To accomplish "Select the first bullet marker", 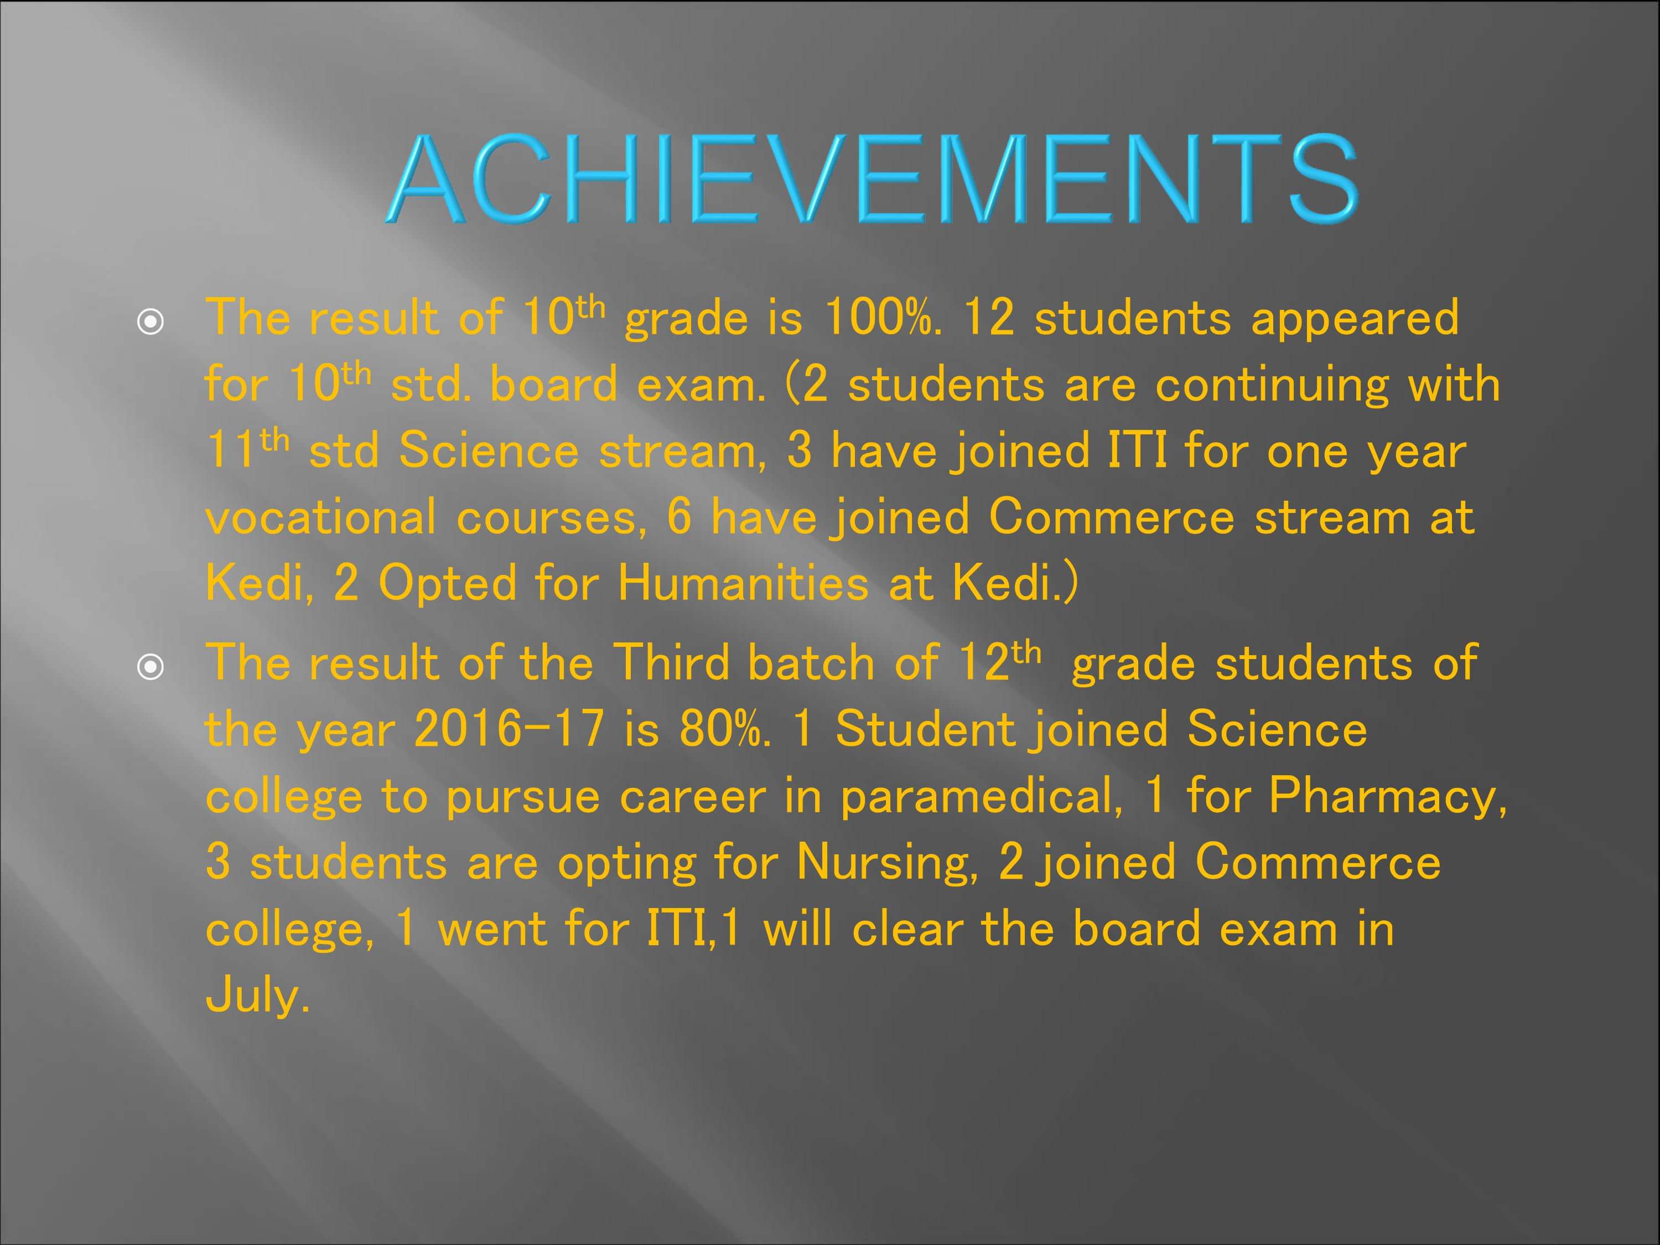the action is coord(151,323).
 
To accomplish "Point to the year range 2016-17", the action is coord(509,729).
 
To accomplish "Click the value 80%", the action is coord(724,729).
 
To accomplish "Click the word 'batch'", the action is coord(811,663).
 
